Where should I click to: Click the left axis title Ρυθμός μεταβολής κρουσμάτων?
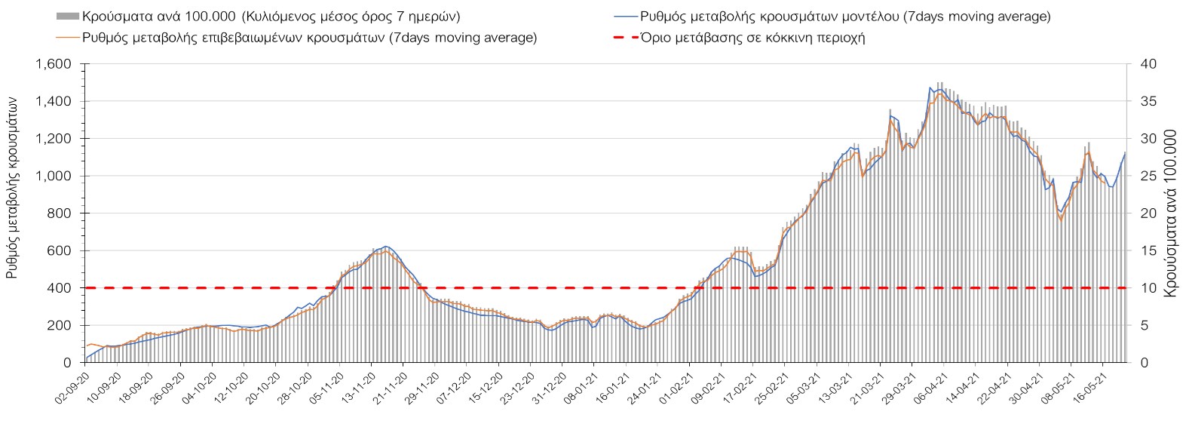tap(13, 192)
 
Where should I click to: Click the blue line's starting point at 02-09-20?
tap(87, 358)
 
